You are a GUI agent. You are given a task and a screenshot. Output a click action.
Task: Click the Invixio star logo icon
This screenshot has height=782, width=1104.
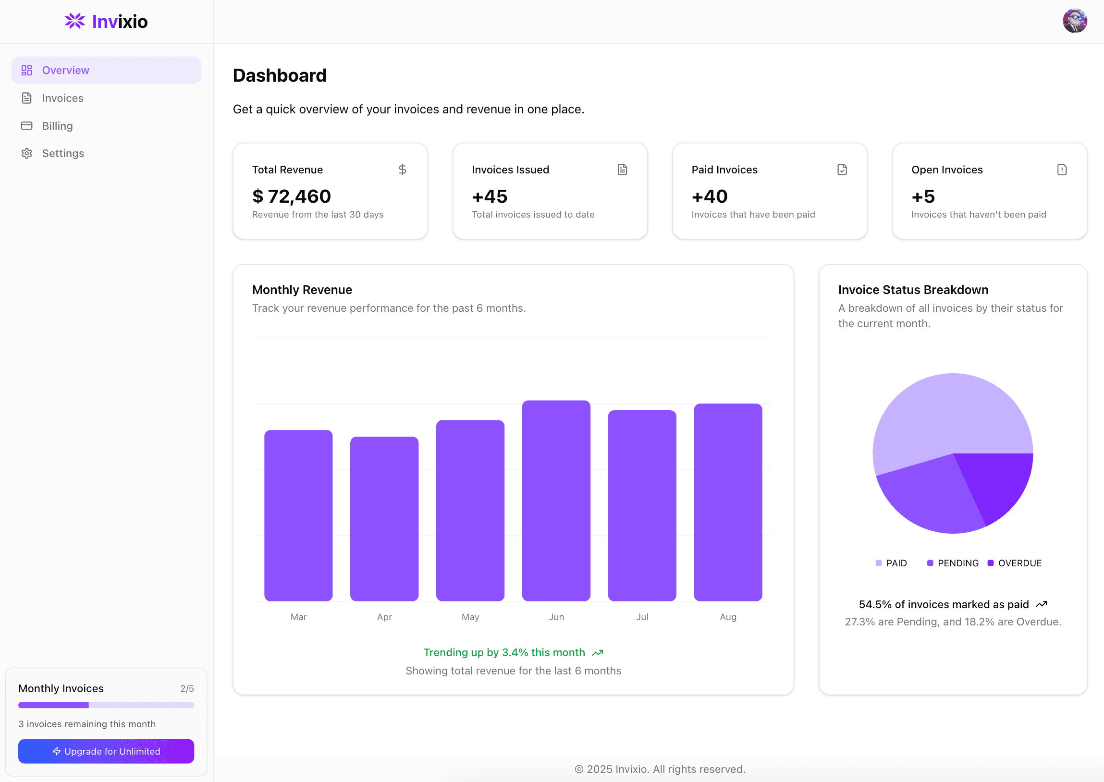click(74, 21)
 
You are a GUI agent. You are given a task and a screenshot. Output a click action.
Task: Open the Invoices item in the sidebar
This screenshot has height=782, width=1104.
click(62, 98)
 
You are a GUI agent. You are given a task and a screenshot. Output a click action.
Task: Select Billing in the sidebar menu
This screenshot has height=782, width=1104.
click(57, 126)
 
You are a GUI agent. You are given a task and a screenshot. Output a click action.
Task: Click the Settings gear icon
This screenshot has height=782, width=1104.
click(27, 154)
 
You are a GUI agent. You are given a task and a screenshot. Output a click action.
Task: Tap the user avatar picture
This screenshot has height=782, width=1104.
click(1075, 21)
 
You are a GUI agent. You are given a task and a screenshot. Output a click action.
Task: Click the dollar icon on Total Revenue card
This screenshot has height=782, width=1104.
click(403, 170)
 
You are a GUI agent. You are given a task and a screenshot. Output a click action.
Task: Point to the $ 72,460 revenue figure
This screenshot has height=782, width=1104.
click(291, 196)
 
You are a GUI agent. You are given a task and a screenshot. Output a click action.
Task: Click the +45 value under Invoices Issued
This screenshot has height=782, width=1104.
click(490, 196)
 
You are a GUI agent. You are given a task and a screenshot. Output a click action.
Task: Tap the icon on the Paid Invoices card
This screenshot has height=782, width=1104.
click(842, 170)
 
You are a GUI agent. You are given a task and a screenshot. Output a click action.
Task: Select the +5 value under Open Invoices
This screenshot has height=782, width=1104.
click(923, 196)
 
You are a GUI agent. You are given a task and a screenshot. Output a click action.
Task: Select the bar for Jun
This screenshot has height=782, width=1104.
click(556, 501)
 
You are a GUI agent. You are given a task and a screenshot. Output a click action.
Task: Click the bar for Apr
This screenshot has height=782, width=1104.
click(384, 519)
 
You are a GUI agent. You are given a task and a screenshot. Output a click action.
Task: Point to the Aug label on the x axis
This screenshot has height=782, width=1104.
click(728, 617)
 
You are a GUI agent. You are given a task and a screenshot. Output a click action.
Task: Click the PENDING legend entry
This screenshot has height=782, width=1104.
click(953, 563)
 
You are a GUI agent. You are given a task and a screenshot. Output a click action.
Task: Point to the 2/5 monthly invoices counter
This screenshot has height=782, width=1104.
click(187, 689)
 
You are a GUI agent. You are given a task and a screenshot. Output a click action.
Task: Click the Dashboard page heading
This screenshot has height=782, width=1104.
click(280, 75)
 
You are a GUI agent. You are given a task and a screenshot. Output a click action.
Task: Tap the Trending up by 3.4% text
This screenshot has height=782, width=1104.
click(504, 652)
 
